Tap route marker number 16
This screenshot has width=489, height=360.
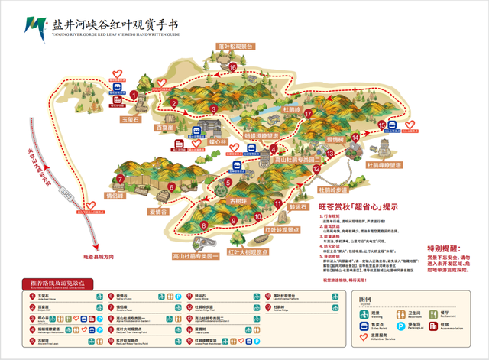(232, 67)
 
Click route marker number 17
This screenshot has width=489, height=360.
(308, 114)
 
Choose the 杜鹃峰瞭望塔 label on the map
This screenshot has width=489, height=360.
(384, 164)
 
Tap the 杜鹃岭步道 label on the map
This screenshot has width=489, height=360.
(332, 187)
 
